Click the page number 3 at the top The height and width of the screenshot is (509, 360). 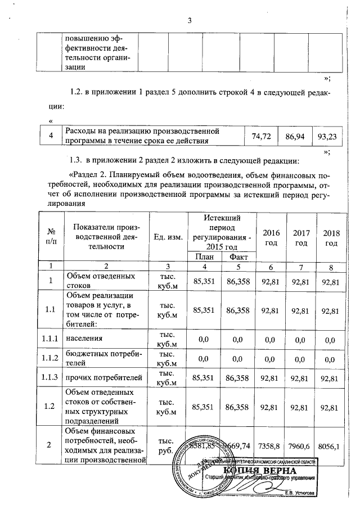(189, 21)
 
